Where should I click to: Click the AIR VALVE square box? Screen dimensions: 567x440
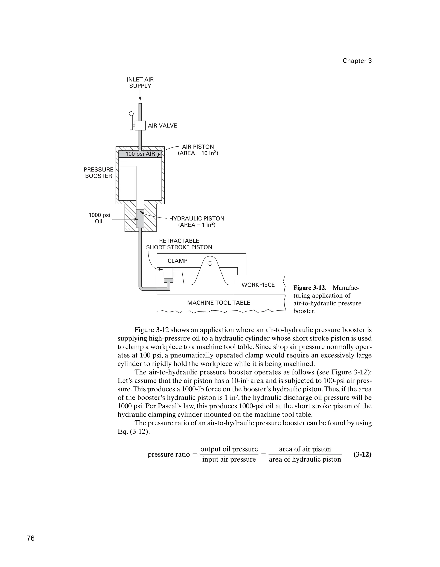pos(140,125)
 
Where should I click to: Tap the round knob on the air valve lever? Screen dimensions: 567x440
pos(131,113)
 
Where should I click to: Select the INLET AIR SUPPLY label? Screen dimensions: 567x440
pos(140,83)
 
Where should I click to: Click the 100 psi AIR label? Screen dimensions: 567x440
pos(140,154)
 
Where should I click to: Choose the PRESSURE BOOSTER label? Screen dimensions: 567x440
pos(98,173)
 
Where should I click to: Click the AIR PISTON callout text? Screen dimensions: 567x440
pos(198,150)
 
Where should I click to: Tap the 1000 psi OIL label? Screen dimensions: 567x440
pos(99,218)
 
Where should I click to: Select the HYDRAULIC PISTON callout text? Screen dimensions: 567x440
pos(197,221)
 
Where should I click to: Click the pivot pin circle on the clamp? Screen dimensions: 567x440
pos(210,263)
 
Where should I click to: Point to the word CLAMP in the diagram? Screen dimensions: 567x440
pos(177,261)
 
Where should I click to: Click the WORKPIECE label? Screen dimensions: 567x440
pos(258,285)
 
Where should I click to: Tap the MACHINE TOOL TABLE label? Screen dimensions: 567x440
pos(218,303)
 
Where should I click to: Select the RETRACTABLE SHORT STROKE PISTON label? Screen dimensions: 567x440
pos(179,244)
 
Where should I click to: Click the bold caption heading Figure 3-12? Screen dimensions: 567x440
pos(310,288)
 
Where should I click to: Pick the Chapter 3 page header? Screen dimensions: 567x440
pos(357,61)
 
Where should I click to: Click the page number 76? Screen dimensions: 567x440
pos(31,538)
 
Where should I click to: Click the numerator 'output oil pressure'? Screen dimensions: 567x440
pos(229,449)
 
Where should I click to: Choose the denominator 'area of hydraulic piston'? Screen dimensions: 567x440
pos(305,459)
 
